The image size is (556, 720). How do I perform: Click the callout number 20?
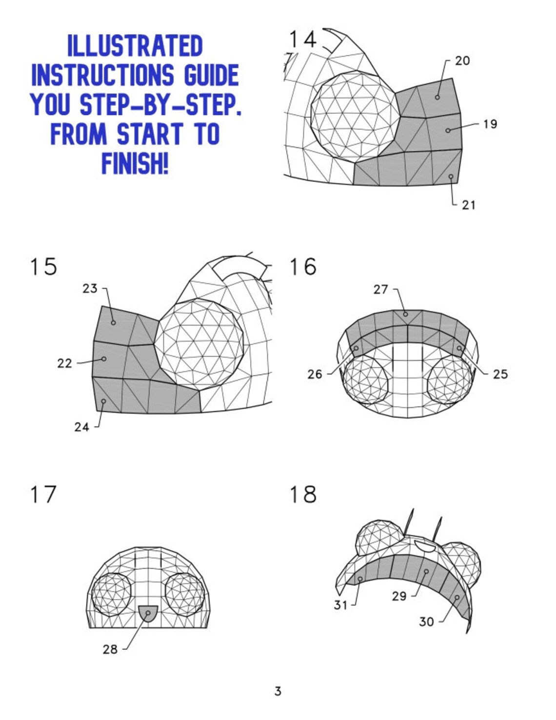(x=462, y=61)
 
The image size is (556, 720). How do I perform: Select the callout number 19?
(x=490, y=124)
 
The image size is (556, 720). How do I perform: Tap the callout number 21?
(x=469, y=205)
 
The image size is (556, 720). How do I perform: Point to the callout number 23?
(x=90, y=289)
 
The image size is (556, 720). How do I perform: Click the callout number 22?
(x=64, y=363)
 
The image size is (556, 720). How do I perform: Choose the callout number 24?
(x=81, y=427)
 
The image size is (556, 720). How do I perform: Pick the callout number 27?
(x=381, y=290)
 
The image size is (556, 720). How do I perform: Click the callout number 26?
(x=315, y=374)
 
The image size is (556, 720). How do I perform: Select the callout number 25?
(x=500, y=374)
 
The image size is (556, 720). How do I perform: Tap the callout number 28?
(x=110, y=649)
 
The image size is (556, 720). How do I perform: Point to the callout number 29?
(x=399, y=596)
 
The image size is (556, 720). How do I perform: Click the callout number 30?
(x=426, y=621)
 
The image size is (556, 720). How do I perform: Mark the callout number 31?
(x=340, y=605)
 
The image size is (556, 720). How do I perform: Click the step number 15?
(x=43, y=267)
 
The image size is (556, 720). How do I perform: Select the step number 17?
(x=43, y=494)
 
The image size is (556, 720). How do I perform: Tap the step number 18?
(x=303, y=494)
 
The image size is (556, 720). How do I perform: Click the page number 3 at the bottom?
(x=278, y=691)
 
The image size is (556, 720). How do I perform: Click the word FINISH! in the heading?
(x=135, y=163)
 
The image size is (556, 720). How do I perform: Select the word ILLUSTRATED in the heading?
(x=135, y=46)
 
